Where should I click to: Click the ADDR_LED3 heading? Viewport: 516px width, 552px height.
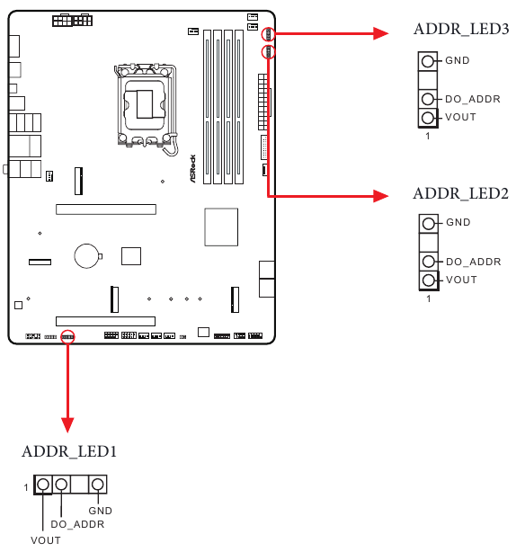pyautogui.click(x=461, y=30)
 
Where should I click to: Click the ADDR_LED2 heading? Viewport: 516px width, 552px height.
pyautogui.click(x=461, y=193)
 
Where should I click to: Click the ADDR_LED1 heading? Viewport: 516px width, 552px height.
pyautogui.click(x=69, y=450)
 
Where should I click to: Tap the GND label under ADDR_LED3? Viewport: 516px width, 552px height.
pyautogui.click(x=458, y=61)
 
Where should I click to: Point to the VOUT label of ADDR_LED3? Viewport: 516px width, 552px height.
pyautogui.click(x=461, y=118)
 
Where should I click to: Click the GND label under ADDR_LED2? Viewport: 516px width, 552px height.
pyautogui.click(x=458, y=223)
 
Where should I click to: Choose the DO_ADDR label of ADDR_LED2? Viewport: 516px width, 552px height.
pyautogui.click(x=473, y=262)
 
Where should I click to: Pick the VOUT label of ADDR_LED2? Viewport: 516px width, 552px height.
pyautogui.click(x=461, y=280)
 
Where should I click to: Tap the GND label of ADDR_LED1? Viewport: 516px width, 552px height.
pyautogui.click(x=100, y=511)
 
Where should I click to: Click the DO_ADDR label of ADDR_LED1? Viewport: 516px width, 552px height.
pyautogui.click(x=77, y=524)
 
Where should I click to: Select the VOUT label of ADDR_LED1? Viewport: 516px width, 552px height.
pyautogui.click(x=46, y=540)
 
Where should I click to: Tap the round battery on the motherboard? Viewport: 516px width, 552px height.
pyautogui.click(x=87, y=255)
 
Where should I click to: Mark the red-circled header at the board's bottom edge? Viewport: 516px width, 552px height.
pyautogui.click(x=67, y=335)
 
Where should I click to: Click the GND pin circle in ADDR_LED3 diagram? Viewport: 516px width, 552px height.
pyautogui.click(x=428, y=61)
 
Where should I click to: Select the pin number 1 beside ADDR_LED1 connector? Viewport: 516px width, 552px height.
pyautogui.click(x=27, y=486)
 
